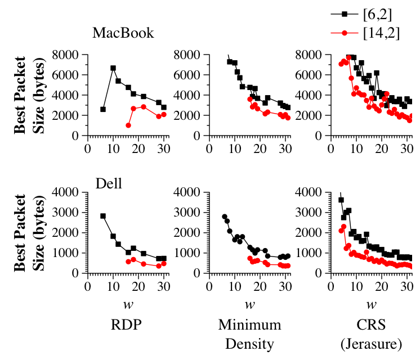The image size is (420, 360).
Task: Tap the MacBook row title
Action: pyautogui.click(x=123, y=33)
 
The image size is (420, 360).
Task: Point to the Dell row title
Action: pyautogui.click(x=109, y=183)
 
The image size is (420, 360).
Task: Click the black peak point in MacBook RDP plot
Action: pyautogui.click(x=113, y=68)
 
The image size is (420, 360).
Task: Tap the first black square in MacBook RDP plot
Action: pyautogui.click(x=103, y=109)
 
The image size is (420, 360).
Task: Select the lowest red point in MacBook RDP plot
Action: pyautogui.click(x=128, y=125)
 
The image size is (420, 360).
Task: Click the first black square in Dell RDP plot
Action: pyautogui.click(x=103, y=216)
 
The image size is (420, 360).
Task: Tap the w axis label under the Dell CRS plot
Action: pyautogui.click(x=371, y=305)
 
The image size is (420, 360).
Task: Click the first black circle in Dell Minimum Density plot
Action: pyautogui.click(x=225, y=217)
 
